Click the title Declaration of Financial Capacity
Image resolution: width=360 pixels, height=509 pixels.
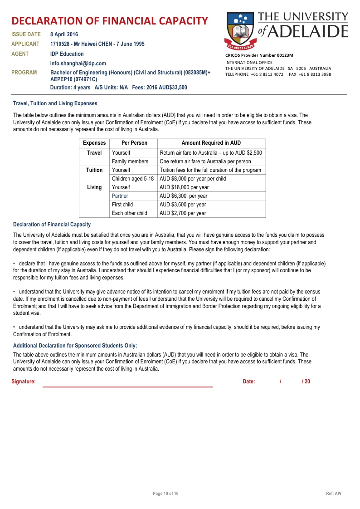click(x=110, y=21)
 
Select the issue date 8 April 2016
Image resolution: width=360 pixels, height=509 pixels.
click(x=64, y=34)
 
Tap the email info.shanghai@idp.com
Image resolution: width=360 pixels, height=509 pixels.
click(x=78, y=64)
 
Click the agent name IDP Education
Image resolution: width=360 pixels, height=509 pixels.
click(x=67, y=54)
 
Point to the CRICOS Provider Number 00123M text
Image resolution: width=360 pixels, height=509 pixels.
click(x=259, y=55)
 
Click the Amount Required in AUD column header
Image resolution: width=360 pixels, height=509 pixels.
click(x=211, y=143)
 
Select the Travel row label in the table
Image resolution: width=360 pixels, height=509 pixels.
click(x=94, y=153)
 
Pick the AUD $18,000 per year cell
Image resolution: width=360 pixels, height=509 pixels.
click(x=184, y=187)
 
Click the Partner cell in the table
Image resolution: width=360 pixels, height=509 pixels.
click(x=120, y=196)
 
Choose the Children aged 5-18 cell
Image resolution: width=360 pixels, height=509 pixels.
click(x=133, y=179)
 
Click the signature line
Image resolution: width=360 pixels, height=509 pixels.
click(x=127, y=387)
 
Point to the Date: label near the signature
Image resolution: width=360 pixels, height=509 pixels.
click(x=249, y=382)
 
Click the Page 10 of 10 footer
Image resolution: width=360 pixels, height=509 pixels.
click(x=165, y=494)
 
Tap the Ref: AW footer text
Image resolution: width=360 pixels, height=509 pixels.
click(x=334, y=494)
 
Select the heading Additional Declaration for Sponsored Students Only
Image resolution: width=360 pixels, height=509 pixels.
click(x=75, y=346)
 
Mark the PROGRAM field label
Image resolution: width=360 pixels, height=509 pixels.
click(x=24, y=73)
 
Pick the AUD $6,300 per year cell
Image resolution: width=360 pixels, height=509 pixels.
click(x=183, y=196)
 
